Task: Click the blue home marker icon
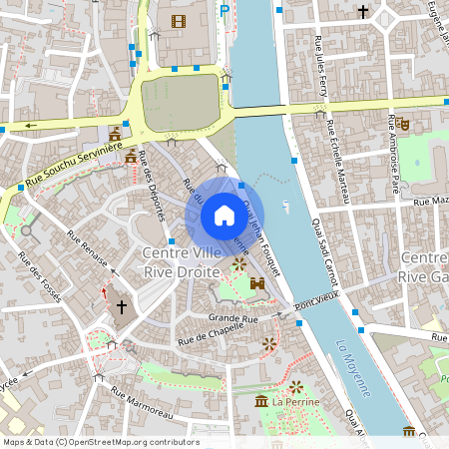[224, 216]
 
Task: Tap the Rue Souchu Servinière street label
[73, 166]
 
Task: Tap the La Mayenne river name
[353, 367]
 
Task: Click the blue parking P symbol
[224, 11]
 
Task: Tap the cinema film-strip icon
[179, 21]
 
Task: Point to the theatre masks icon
[403, 123]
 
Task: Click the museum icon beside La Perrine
[261, 401]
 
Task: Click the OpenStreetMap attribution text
[101, 441]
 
